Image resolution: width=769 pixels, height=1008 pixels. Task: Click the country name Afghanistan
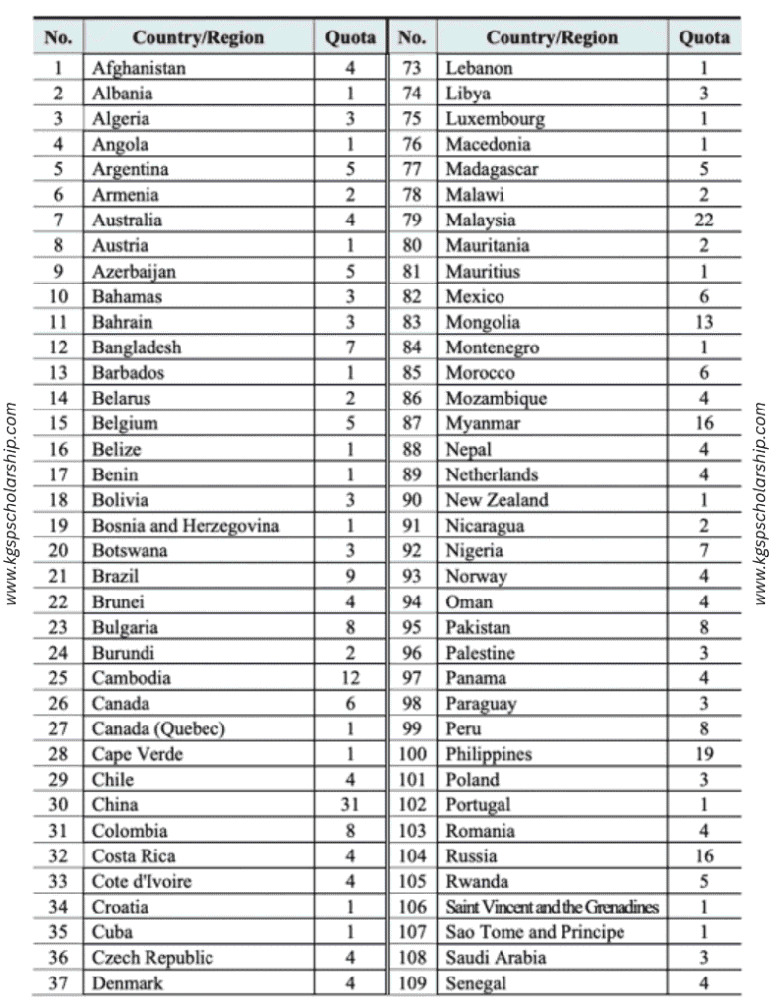139,69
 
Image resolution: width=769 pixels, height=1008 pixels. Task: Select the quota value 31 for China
349,804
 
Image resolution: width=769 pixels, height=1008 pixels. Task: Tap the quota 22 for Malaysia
703,220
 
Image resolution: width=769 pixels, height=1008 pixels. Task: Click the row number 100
412,754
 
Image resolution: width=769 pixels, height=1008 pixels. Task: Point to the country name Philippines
489,754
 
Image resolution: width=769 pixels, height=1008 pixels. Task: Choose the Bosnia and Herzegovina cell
186,526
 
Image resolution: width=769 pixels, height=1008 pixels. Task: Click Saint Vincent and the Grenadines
552,907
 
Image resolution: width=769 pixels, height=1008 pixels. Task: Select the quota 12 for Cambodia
349,677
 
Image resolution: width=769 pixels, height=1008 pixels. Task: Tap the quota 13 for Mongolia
703,322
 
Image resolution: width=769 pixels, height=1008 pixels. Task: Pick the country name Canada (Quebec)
158,728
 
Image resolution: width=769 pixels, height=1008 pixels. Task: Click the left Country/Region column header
198,38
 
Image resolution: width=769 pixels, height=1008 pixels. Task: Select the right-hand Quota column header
704,38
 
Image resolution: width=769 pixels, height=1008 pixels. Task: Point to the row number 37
58,982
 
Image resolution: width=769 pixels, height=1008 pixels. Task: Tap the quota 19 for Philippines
703,754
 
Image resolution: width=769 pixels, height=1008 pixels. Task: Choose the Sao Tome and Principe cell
535,932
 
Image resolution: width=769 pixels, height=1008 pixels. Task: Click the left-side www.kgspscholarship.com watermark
12,503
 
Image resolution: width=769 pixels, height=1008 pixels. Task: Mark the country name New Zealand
497,500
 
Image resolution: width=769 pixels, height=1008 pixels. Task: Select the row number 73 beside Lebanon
412,69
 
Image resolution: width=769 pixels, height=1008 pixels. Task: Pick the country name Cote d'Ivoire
142,881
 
